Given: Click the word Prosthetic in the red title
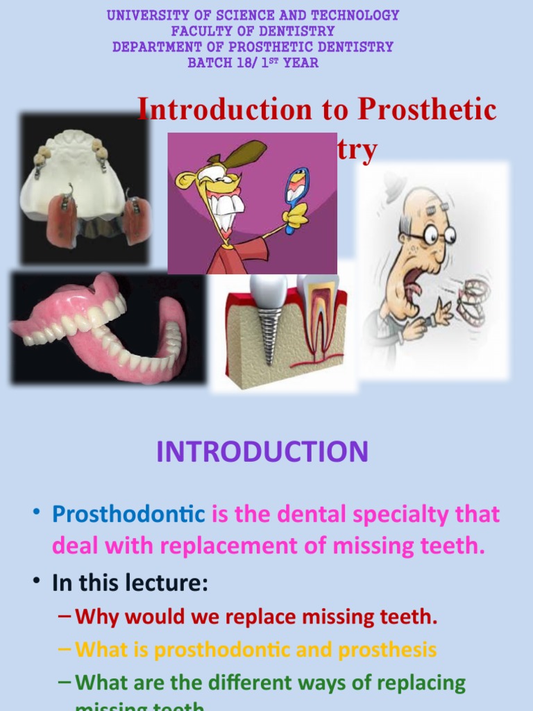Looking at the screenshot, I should (427, 110).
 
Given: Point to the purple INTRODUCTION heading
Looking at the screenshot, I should (262, 452).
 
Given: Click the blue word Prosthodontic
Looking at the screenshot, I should (128, 515).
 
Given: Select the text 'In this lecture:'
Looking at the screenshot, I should (130, 583).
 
